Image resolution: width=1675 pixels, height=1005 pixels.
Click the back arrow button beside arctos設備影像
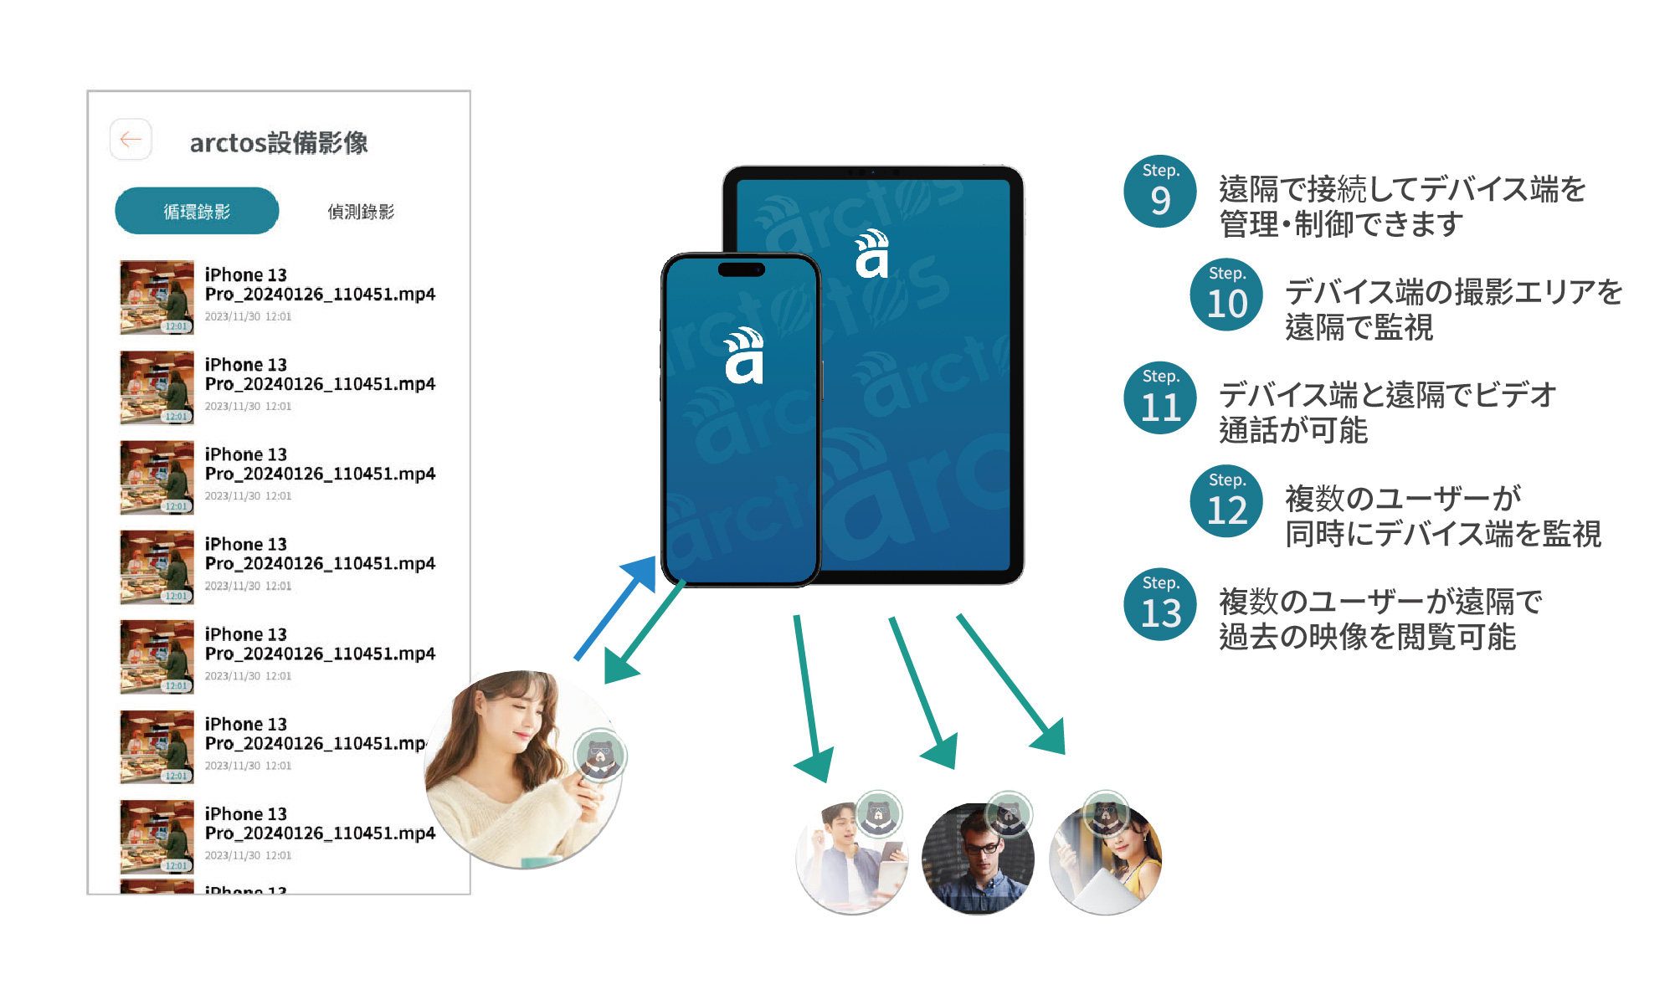131,139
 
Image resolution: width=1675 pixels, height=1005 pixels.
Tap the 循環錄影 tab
197,211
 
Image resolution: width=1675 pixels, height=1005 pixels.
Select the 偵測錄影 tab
361,212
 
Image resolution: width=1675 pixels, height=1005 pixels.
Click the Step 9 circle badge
1160,192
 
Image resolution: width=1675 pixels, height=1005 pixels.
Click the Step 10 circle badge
1226,295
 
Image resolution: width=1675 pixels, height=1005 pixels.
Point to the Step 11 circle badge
1160,397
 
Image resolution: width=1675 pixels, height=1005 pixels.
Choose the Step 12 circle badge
1226,501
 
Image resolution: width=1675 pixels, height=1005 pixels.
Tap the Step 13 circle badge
1160,604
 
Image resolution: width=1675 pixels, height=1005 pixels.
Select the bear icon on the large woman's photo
600,756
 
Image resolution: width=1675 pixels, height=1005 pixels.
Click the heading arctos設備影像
279,143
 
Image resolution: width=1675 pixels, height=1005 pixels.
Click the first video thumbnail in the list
157,297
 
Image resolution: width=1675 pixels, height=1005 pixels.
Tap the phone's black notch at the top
742,269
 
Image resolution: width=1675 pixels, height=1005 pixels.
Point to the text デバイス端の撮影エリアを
1454,292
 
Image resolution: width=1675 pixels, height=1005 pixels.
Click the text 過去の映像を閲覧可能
1367,637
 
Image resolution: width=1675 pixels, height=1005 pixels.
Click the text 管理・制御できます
1341,224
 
